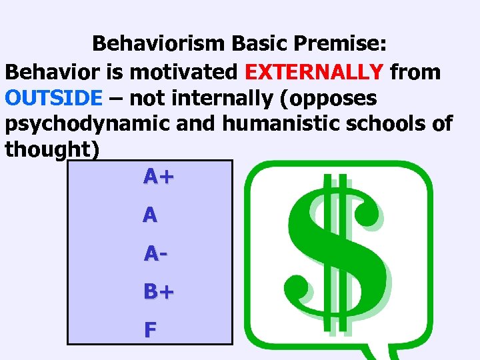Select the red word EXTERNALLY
314,71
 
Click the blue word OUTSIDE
54,99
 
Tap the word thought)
53,150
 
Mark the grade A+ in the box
159,177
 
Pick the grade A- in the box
154,254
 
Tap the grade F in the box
150,329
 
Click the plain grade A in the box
151,215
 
